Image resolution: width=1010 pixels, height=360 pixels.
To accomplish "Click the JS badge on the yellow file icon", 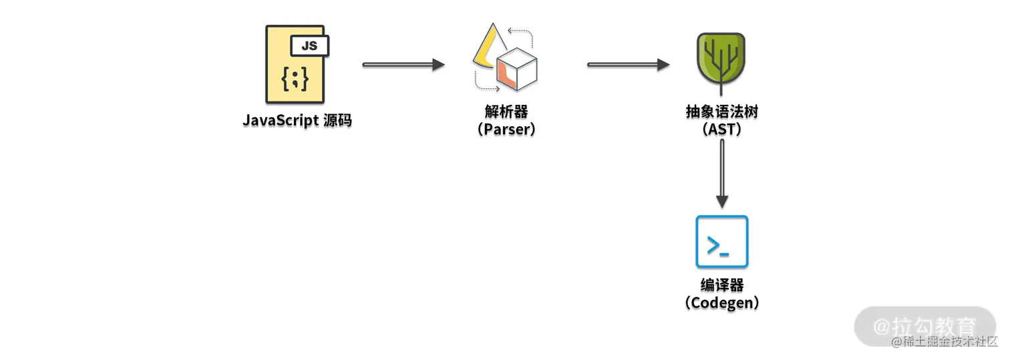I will pos(309,46).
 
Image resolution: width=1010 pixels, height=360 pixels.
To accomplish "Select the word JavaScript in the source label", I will pos(280,121).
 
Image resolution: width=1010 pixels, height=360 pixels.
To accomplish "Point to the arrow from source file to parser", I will pos(403,65).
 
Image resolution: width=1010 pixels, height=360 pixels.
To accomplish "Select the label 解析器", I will pos(506,112).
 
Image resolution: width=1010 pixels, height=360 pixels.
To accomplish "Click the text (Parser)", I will pos(506,129).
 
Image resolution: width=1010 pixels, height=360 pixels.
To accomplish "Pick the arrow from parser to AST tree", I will pos(628,65).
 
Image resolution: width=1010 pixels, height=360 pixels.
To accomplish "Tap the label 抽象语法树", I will pos(722,112).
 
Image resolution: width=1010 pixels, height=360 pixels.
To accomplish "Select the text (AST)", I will pos(722,129).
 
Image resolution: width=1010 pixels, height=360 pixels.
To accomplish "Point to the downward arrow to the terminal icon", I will pos(722,174).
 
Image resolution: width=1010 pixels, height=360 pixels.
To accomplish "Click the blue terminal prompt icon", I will pos(722,242).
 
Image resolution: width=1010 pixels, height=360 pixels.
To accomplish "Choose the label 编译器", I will pos(722,285).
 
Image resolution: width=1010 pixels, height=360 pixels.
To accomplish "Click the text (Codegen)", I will pos(722,303).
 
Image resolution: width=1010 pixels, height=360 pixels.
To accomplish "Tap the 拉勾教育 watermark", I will pos(925,326).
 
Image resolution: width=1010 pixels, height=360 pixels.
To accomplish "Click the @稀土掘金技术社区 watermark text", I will pos(944,343).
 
